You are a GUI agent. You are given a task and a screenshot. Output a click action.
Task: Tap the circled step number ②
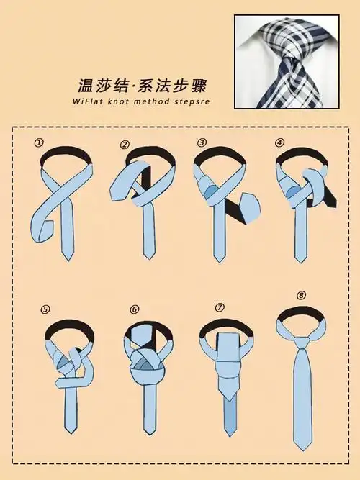point(125,145)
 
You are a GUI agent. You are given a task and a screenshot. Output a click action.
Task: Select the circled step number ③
point(202,142)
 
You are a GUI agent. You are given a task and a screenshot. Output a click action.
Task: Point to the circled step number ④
point(279,142)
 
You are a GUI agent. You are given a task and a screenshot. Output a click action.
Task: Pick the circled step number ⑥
point(135,310)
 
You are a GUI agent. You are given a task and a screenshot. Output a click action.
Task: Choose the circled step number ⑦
point(222,307)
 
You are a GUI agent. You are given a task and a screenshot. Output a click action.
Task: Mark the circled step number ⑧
point(301,294)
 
